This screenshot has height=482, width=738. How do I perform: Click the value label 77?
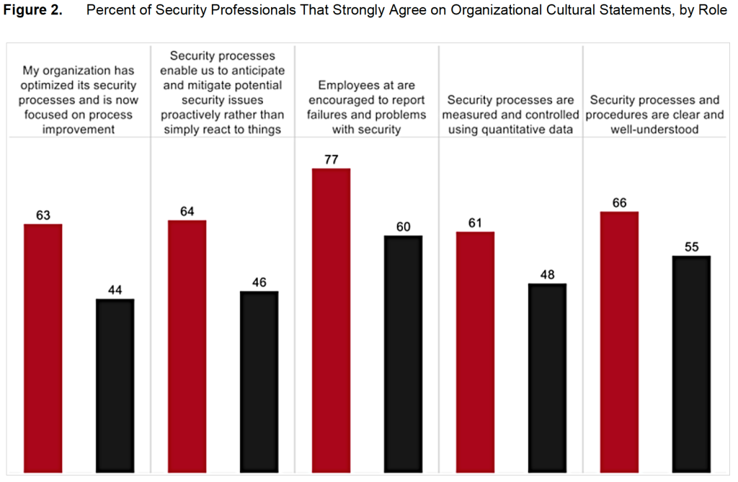(x=332, y=159)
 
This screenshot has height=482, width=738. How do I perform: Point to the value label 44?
(x=115, y=290)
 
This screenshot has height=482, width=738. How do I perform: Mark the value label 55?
(x=692, y=247)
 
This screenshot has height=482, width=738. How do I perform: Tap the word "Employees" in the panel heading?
(x=349, y=86)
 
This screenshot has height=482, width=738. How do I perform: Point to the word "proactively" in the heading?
(x=195, y=115)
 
